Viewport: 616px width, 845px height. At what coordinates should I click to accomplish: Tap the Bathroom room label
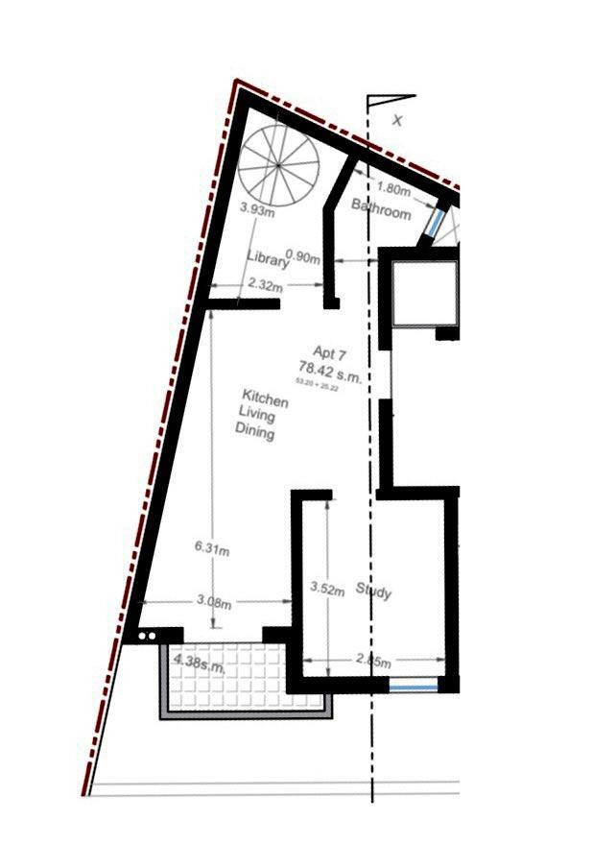pyautogui.click(x=381, y=208)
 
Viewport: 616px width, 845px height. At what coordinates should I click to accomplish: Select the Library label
pyautogui.click(x=267, y=258)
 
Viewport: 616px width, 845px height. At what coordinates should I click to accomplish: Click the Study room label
pyautogui.click(x=373, y=591)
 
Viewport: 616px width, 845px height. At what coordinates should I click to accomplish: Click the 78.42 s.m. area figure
pyautogui.click(x=330, y=370)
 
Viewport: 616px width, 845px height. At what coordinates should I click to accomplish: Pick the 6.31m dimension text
pyautogui.click(x=211, y=549)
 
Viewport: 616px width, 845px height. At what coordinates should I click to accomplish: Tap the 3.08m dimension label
pyautogui.click(x=214, y=603)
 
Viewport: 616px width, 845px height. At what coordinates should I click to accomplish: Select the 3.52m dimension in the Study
pyautogui.click(x=328, y=591)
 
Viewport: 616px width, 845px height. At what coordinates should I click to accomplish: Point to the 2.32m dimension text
pyautogui.click(x=265, y=284)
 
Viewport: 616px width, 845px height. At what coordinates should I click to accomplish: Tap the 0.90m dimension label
pyautogui.click(x=304, y=256)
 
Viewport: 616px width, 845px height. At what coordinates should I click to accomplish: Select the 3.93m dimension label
pyautogui.click(x=257, y=208)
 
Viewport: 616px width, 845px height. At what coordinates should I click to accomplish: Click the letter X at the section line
pyautogui.click(x=397, y=120)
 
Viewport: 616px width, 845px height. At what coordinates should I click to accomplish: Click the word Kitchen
pyautogui.click(x=264, y=398)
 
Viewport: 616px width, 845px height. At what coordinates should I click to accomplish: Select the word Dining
pyautogui.click(x=255, y=432)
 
